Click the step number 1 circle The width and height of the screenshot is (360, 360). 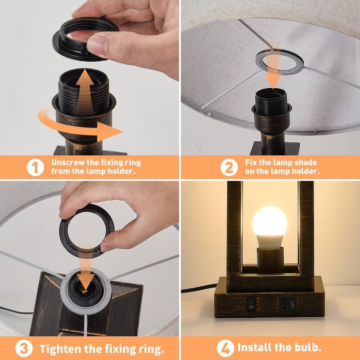(35, 167)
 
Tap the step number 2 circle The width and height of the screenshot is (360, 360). (229, 167)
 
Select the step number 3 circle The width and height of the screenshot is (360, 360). (23, 348)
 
